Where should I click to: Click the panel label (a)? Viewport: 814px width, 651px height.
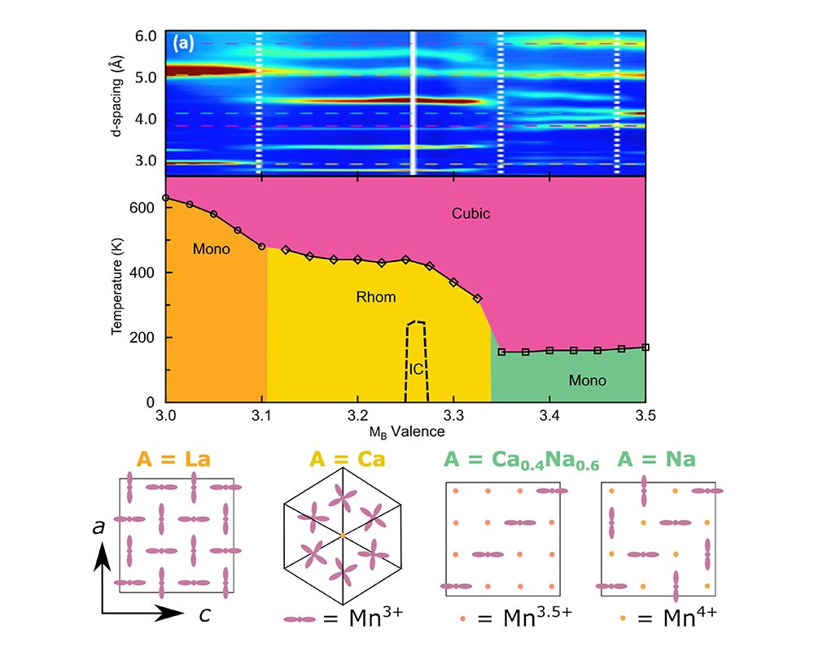click(182, 43)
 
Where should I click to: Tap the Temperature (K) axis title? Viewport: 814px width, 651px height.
click(117, 289)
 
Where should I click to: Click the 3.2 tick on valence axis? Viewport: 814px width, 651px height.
click(357, 417)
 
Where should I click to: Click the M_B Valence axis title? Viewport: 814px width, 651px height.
click(405, 431)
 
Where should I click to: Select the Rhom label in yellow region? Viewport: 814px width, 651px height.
click(376, 297)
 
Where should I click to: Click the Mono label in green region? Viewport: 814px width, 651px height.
click(587, 380)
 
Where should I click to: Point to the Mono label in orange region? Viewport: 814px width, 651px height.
click(211, 249)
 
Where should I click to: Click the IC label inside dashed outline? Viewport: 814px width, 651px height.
click(416, 369)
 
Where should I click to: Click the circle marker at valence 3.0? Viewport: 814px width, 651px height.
click(166, 198)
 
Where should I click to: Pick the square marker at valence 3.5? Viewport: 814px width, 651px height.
click(646, 347)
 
